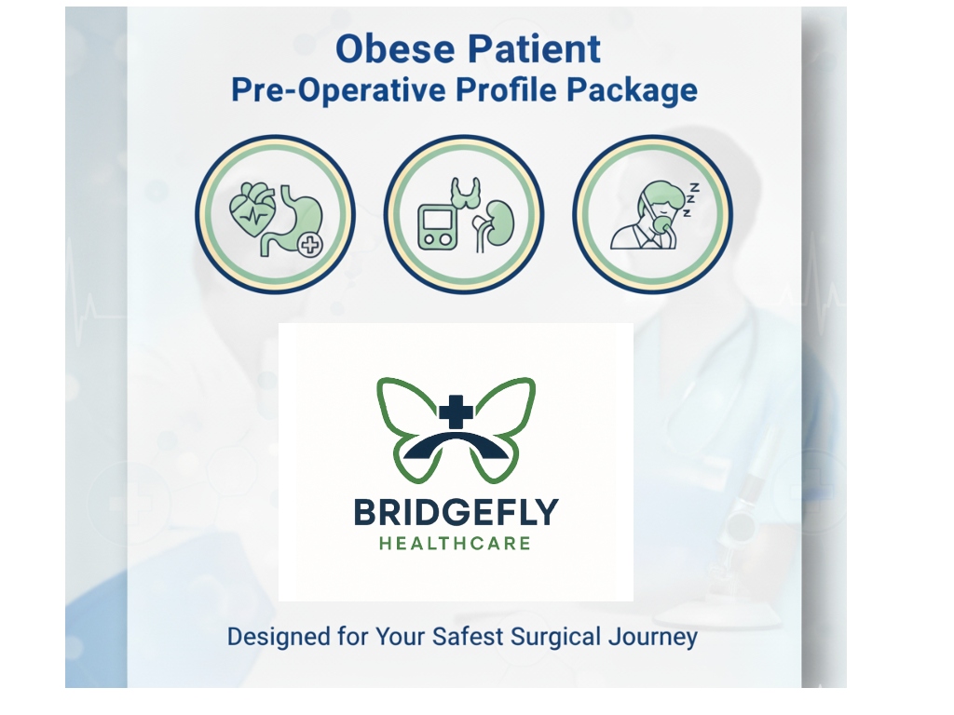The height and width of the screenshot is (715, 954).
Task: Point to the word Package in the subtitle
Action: pyautogui.click(x=633, y=90)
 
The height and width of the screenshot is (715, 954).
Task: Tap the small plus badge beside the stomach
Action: pyautogui.click(x=311, y=245)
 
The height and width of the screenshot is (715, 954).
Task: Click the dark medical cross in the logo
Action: pyautogui.click(x=456, y=411)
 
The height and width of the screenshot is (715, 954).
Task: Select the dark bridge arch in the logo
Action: pyautogui.click(x=456, y=446)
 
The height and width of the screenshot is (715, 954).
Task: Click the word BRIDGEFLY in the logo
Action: pyautogui.click(x=456, y=513)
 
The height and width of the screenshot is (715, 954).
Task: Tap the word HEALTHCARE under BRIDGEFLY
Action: pyautogui.click(x=455, y=543)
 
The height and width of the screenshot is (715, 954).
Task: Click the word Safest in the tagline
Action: pyautogui.click(x=468, y=637)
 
